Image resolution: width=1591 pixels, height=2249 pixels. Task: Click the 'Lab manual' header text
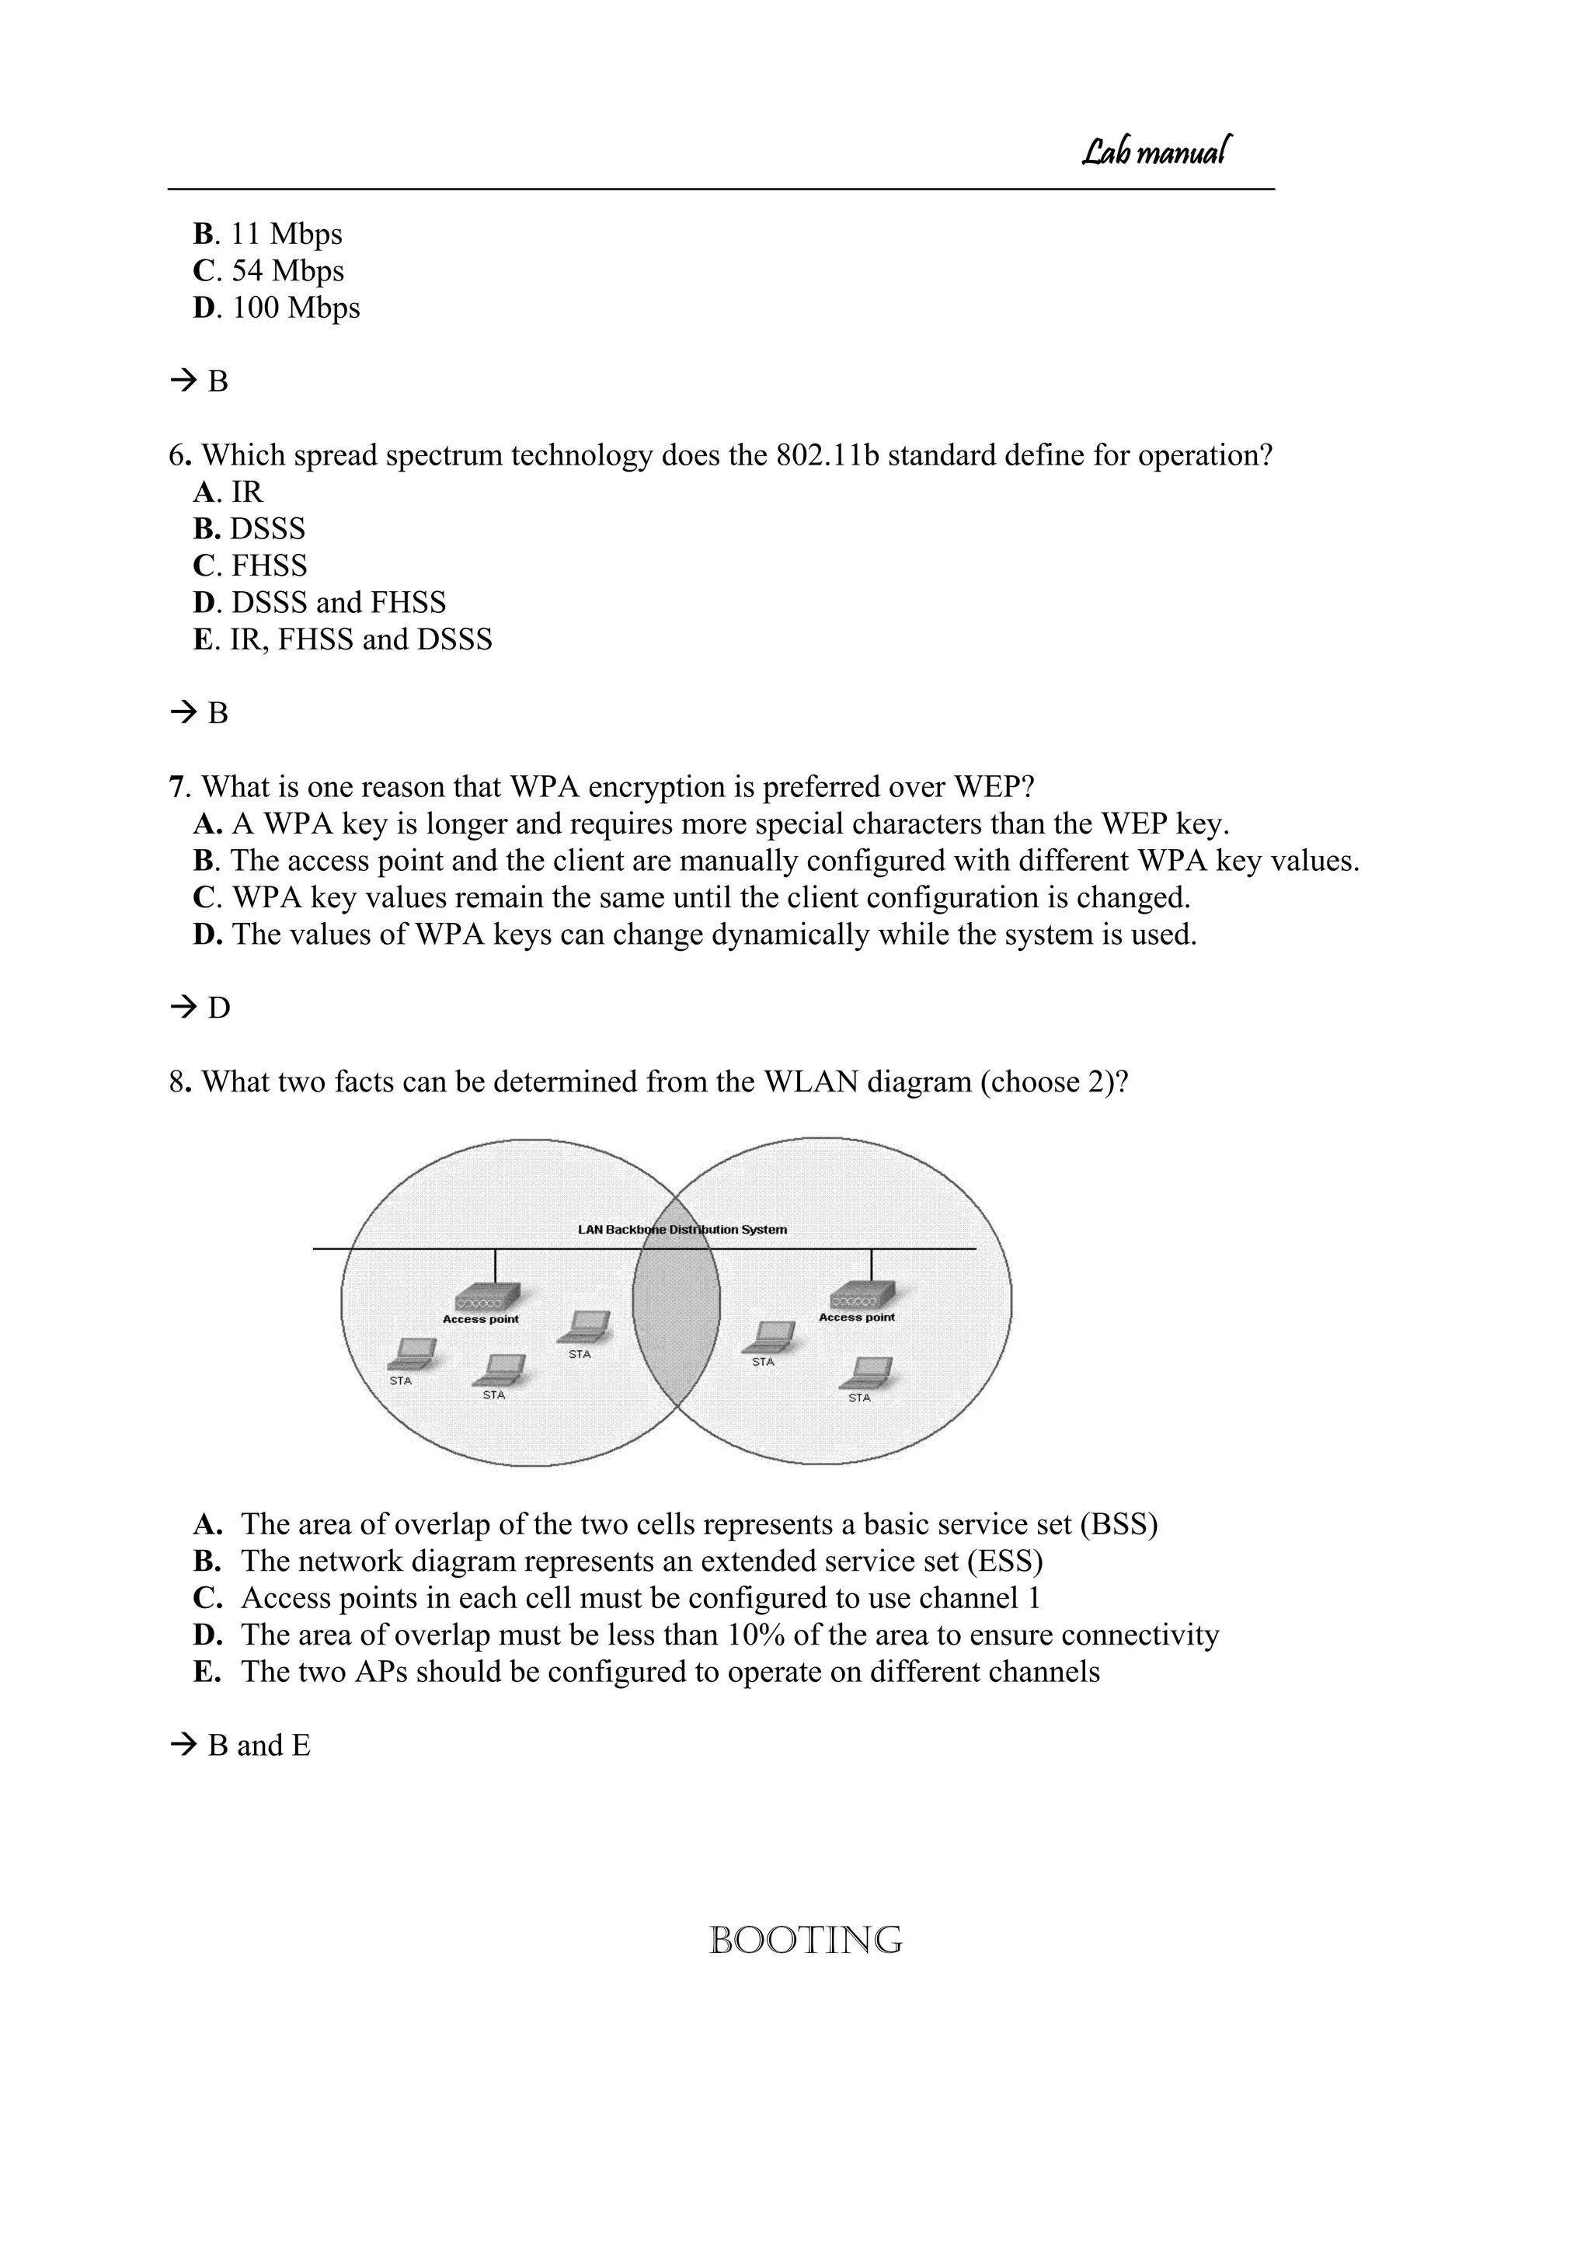point(1156,151)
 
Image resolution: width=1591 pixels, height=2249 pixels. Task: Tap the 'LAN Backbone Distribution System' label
point(682,1229)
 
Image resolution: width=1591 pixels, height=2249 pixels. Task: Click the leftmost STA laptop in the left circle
point(412,1355)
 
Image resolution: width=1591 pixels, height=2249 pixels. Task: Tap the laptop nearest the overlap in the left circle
point(585,1328)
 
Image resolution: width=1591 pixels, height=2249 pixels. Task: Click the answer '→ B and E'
point(240,1746)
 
